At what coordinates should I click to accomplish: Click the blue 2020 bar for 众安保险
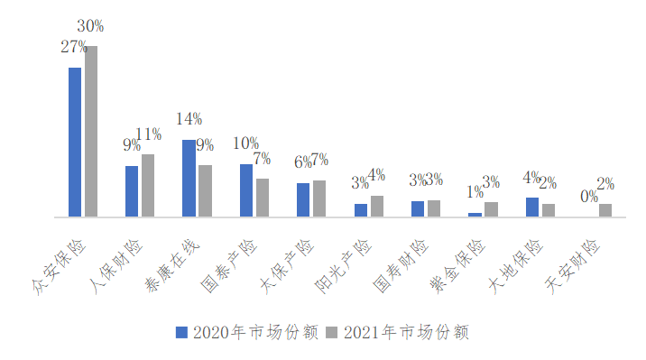pos(75,142)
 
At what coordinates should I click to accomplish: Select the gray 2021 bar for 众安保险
pos(91,132)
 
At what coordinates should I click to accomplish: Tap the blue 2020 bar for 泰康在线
pos(189,178)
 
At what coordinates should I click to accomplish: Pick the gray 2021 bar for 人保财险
pos(148,185)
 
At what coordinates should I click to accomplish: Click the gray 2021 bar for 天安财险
pos(605,210)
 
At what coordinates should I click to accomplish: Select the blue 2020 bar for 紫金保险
pos(475,215)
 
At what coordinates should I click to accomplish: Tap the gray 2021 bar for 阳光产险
pos(377,206)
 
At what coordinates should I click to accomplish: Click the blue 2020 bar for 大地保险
pos(532,207)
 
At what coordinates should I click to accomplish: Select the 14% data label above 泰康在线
pos(189,119)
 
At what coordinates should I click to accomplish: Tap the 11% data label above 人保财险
pos(148,134)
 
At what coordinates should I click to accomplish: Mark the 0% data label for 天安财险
pos(588,196)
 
